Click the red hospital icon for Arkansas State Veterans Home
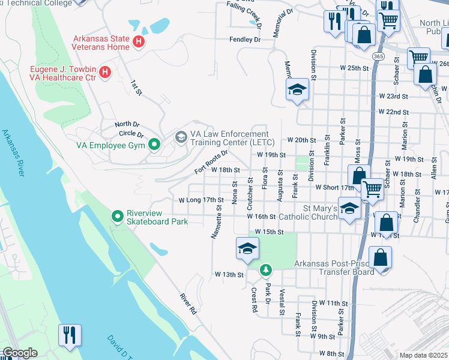139,41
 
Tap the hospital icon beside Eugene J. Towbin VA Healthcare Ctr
105,73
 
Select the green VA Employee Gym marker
154,145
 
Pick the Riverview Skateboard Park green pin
117,215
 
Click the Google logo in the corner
20,353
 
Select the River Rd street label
188,304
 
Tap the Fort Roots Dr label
211,163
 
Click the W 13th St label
229,275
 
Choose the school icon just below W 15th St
247,249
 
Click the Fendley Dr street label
245,40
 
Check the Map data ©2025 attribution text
423,355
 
